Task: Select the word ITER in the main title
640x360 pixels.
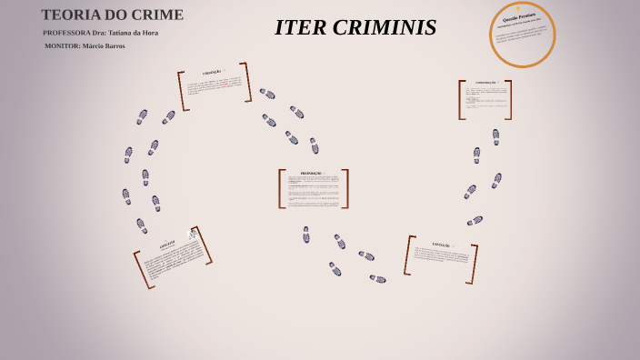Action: point(299,28)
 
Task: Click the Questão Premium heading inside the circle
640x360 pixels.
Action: point(520,17)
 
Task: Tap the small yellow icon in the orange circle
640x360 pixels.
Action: point(518,8)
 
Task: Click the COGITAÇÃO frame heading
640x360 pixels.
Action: point(212,72)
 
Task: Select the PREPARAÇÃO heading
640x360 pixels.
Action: point(311,173)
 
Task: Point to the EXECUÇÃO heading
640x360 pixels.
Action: point(441,245)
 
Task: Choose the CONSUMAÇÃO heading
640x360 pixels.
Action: point(485,83)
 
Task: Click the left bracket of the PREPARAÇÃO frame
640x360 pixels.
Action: point(282,189)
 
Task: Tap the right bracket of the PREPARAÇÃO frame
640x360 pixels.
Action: point(345,189)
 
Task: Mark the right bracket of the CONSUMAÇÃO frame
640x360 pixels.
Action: point(509,100)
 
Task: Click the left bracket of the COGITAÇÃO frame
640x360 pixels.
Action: point(183,91)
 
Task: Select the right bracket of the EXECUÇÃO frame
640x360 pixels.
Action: point(474,265)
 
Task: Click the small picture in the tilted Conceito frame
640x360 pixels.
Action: point(192,235)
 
